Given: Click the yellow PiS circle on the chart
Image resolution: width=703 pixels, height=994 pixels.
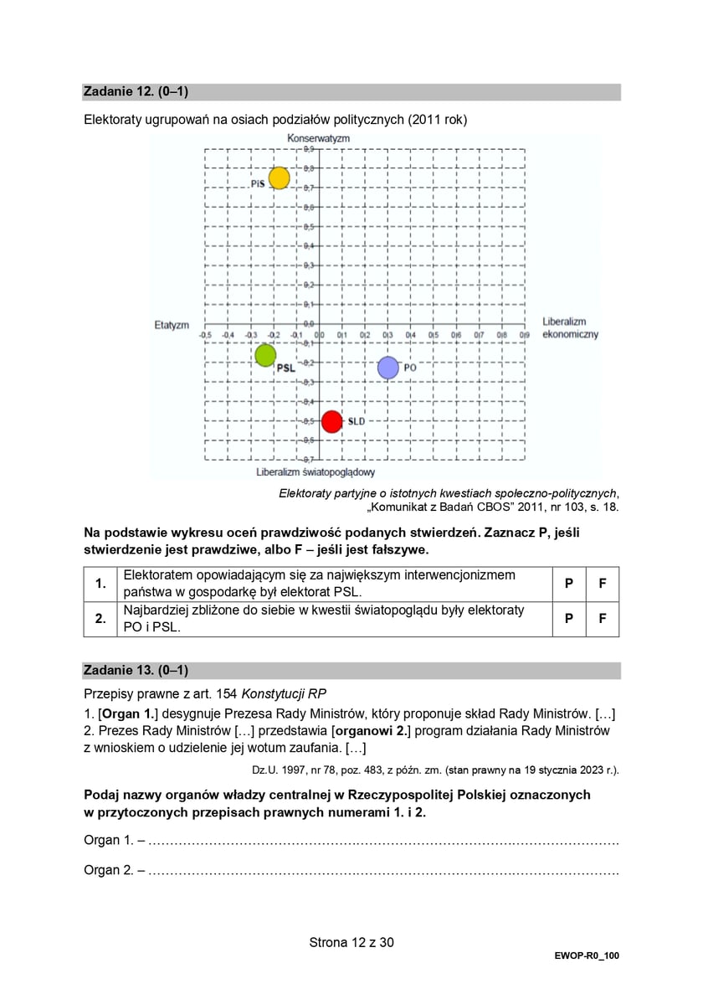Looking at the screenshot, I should (279, 178).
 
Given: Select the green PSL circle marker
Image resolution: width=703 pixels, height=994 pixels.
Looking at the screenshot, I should (265, 356).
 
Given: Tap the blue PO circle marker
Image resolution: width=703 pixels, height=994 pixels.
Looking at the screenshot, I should (387, 367).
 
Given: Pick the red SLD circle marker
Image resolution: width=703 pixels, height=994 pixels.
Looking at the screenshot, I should (332, 421).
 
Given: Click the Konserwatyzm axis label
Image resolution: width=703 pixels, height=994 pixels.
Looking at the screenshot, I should (318, 137).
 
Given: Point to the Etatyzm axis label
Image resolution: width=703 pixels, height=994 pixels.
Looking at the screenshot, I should (172, 324).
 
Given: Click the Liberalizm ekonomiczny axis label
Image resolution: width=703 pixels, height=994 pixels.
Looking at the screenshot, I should (570, 327).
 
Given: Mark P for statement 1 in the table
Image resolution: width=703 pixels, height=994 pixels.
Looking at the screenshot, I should (569, 583).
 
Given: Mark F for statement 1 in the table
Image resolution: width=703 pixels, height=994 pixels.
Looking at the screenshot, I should (602, 583).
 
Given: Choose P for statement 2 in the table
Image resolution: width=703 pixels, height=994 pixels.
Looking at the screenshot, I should (569, 619).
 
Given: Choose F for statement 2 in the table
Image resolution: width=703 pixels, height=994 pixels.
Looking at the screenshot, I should (602, 619).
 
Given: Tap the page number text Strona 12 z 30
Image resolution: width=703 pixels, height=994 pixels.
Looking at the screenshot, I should (351, 942).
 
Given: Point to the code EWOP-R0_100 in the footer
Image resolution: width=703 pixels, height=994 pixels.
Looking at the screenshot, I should (586, 955).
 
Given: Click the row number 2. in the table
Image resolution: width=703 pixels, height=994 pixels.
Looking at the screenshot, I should (100, 619).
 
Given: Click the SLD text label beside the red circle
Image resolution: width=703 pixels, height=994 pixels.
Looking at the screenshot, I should (357, 421).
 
